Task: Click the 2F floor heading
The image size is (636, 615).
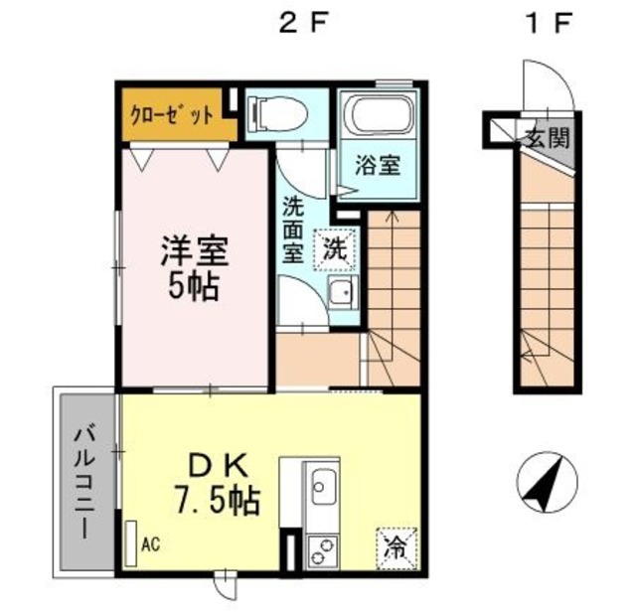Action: (303, 24)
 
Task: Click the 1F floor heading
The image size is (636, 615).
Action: (548, 24)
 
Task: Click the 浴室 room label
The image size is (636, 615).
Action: (378, 165)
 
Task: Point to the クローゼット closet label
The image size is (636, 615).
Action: (171, 115)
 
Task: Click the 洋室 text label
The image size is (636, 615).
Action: (195, 250)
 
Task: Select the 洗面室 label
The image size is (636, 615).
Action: (293, 230)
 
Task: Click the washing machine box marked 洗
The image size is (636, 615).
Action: (336, 249)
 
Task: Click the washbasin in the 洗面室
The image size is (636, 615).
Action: (343, 292)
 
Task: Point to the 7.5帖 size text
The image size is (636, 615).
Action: (217, 502)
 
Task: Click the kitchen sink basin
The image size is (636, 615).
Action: (324, 487)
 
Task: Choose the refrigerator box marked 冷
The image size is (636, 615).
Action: (397, 548)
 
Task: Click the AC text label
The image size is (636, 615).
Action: (150, 544)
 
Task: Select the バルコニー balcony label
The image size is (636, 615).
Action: (84, 484)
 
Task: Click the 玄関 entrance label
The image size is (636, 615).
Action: (549, 138)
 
